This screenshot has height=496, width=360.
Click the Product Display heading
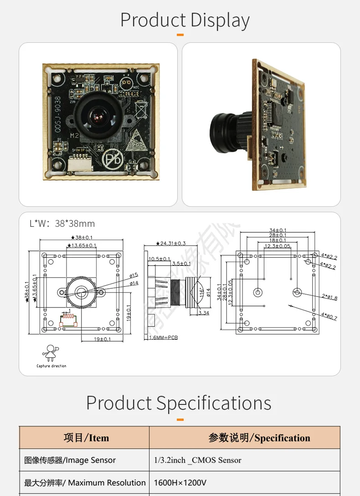185,20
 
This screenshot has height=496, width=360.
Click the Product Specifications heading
179,403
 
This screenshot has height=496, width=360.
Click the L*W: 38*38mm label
62,224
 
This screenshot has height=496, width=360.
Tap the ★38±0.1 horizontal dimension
82,238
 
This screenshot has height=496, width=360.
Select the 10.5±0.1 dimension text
159,259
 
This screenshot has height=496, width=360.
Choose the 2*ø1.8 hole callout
329,297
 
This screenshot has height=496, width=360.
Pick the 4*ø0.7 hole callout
329,316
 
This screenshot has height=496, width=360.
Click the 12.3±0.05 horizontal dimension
278,246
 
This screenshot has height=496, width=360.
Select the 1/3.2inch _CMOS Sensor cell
198,460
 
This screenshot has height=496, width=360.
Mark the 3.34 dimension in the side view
204,313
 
